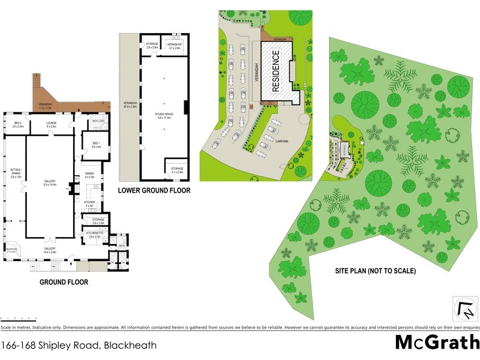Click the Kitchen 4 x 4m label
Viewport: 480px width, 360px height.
[90, 205]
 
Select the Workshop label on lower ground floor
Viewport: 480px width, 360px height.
[175, 45]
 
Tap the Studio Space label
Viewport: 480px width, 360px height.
[164, 116]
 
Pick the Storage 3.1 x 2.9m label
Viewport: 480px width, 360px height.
[178, 170]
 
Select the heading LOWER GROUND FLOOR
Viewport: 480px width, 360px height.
[154, 191]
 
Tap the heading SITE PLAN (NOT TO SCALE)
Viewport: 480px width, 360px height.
[375, 271]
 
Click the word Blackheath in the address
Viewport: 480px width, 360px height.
[130, 345]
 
